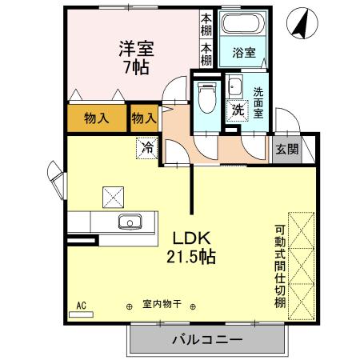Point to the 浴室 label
pos(243,54)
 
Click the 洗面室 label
pos(259,102)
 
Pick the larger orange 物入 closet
pos(97,119)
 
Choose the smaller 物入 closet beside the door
pos(143,119)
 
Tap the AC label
pos(80,305)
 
